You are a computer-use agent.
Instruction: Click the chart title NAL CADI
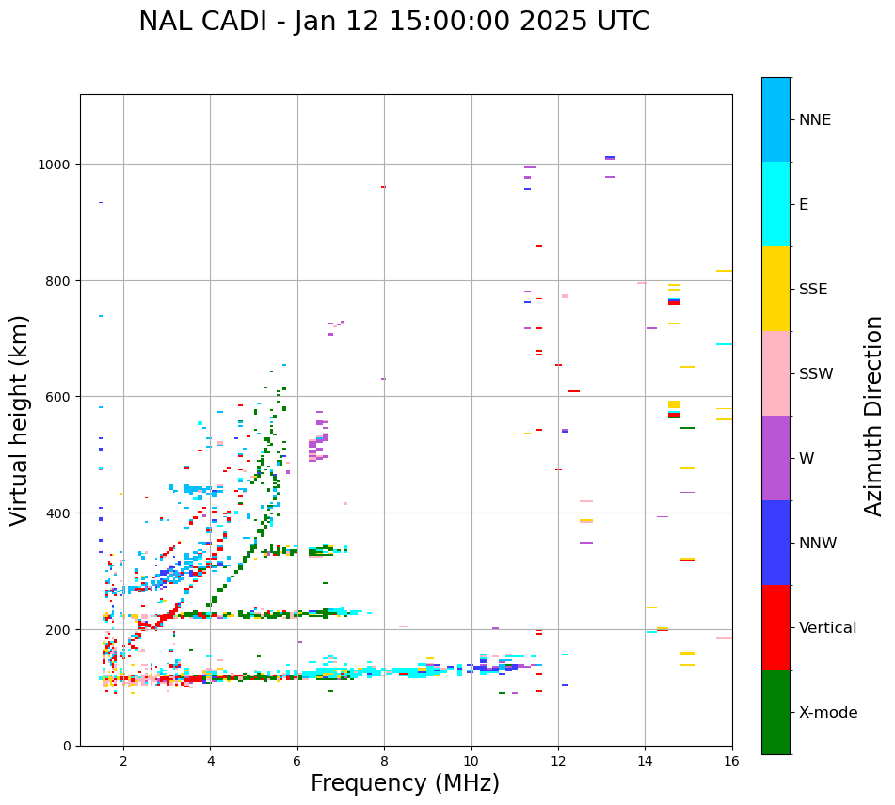tap(393, 22)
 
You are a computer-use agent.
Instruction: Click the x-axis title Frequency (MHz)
tap(405, 783)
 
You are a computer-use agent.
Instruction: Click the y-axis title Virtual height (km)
tap(20, 419)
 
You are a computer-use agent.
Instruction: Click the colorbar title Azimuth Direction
tap(874, 416)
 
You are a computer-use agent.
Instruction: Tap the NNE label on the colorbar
tap(815, 119)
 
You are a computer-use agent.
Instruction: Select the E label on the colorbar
tap(804, 204)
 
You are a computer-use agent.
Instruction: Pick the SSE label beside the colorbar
tap(813, 289)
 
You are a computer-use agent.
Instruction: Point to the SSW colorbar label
tap(816, 373)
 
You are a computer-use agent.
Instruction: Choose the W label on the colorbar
tap(807, 458)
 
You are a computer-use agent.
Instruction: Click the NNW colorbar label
tap(818, 543)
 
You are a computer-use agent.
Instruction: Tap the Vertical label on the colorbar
tap(827, 627)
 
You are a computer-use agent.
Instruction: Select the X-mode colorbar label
tap(828, 712)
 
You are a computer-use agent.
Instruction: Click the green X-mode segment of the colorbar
tap(775, 712)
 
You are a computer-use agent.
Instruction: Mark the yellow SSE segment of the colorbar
tap(775, 289)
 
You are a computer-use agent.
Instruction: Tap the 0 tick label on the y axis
tap(67, 746)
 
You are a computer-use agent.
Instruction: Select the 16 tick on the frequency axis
tap(732, 761)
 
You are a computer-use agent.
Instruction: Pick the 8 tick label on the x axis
tap(384, 761)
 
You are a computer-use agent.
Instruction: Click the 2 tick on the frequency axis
tap(123, 761)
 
